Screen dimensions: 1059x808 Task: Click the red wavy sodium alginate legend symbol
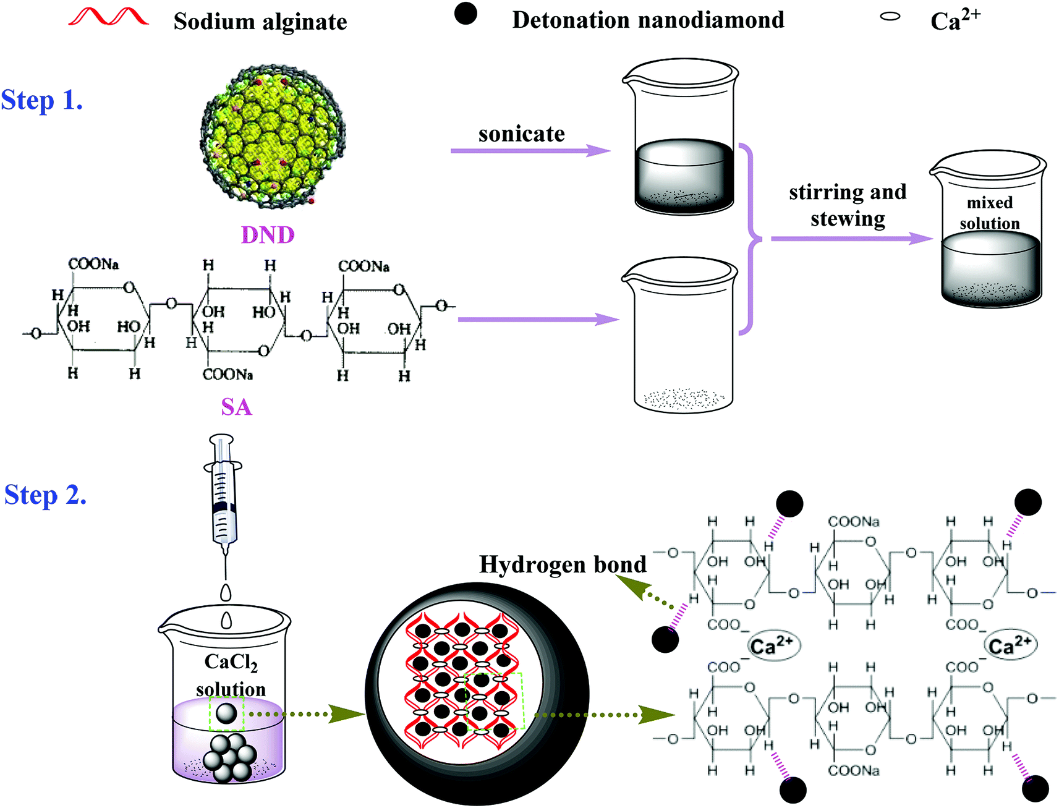108,17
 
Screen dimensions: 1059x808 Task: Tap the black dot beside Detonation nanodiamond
466,14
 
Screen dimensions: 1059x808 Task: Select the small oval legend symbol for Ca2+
890,17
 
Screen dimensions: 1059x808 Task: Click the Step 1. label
41,100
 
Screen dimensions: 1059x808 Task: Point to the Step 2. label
45,495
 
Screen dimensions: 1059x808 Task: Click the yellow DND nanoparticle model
273,135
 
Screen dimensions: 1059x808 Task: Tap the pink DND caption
268,235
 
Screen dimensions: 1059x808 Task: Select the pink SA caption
237,407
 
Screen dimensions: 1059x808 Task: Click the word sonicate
521,134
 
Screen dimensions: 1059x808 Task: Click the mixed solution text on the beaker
990,213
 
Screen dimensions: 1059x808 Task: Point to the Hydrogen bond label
563,564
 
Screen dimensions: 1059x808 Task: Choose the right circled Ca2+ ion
1010,645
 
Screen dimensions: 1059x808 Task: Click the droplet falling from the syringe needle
226,592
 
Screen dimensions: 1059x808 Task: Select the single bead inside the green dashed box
226,714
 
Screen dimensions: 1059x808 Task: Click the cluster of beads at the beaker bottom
230,757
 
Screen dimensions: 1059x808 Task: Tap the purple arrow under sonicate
530,151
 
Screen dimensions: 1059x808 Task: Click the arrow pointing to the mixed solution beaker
852,239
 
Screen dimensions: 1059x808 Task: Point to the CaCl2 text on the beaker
231,663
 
